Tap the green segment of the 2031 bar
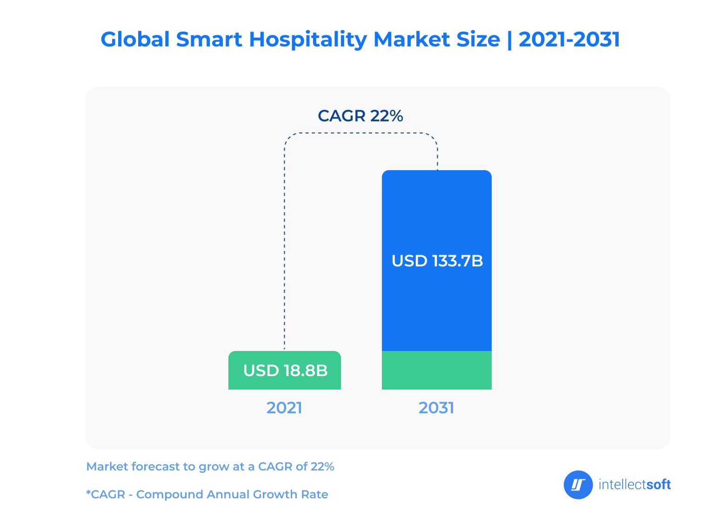click(x=436, y=370)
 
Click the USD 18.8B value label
click(x=285, y=371)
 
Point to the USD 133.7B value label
click(x=437, y=261)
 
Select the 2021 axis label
click(x=284, y=408)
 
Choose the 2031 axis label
click(x=436, y=408)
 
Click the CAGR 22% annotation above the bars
click(x=360, y=116)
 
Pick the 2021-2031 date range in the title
click(x=569, y=40)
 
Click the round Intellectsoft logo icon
click(x=578, y=485)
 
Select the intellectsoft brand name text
click(x=634, y=485)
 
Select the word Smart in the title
click(x=209, y=40)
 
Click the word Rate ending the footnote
click(x=316, y=494)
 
